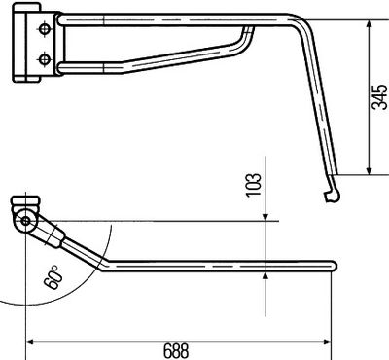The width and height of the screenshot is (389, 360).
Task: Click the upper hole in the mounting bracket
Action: click(x=44, y=31)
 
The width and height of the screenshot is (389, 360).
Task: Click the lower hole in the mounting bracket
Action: click(x=44, y=60)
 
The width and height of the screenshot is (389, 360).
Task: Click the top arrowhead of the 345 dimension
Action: click(x=369, y=23)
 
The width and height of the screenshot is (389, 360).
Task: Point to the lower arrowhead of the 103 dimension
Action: click(x=266, y=276)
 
